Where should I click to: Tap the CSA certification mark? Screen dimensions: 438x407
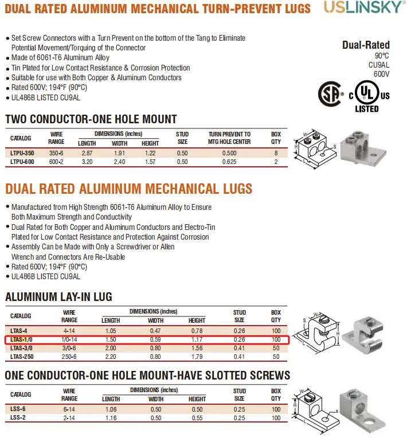[x=331, y=94]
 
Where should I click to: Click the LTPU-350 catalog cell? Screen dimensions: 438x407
[x=22, y=153]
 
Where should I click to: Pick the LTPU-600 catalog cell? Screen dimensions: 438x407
[x=22, y=162]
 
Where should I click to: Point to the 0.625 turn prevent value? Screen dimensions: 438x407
[x=229, y=162]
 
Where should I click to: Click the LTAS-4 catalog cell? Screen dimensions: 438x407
[x=19, y=331]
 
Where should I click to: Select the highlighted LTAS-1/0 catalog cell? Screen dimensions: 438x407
[x=21, y=340]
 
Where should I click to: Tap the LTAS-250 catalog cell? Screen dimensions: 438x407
[x=22, y=357]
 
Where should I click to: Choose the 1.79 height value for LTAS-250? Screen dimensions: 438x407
[x=197, y=357]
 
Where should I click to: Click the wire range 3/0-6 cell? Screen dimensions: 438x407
[x=69, y=348]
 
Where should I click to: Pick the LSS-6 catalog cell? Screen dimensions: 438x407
[x=18, y=409]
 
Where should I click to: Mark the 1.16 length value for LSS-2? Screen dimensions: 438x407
[x=110, y=418]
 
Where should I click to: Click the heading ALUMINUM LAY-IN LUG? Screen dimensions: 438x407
[x=58, y=297]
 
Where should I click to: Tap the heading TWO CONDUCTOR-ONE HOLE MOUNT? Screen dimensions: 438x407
[x=91, y=119]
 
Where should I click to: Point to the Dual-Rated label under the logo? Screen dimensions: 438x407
[x=366, y=45]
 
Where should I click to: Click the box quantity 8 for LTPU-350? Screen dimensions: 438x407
[x=276, y=153]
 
